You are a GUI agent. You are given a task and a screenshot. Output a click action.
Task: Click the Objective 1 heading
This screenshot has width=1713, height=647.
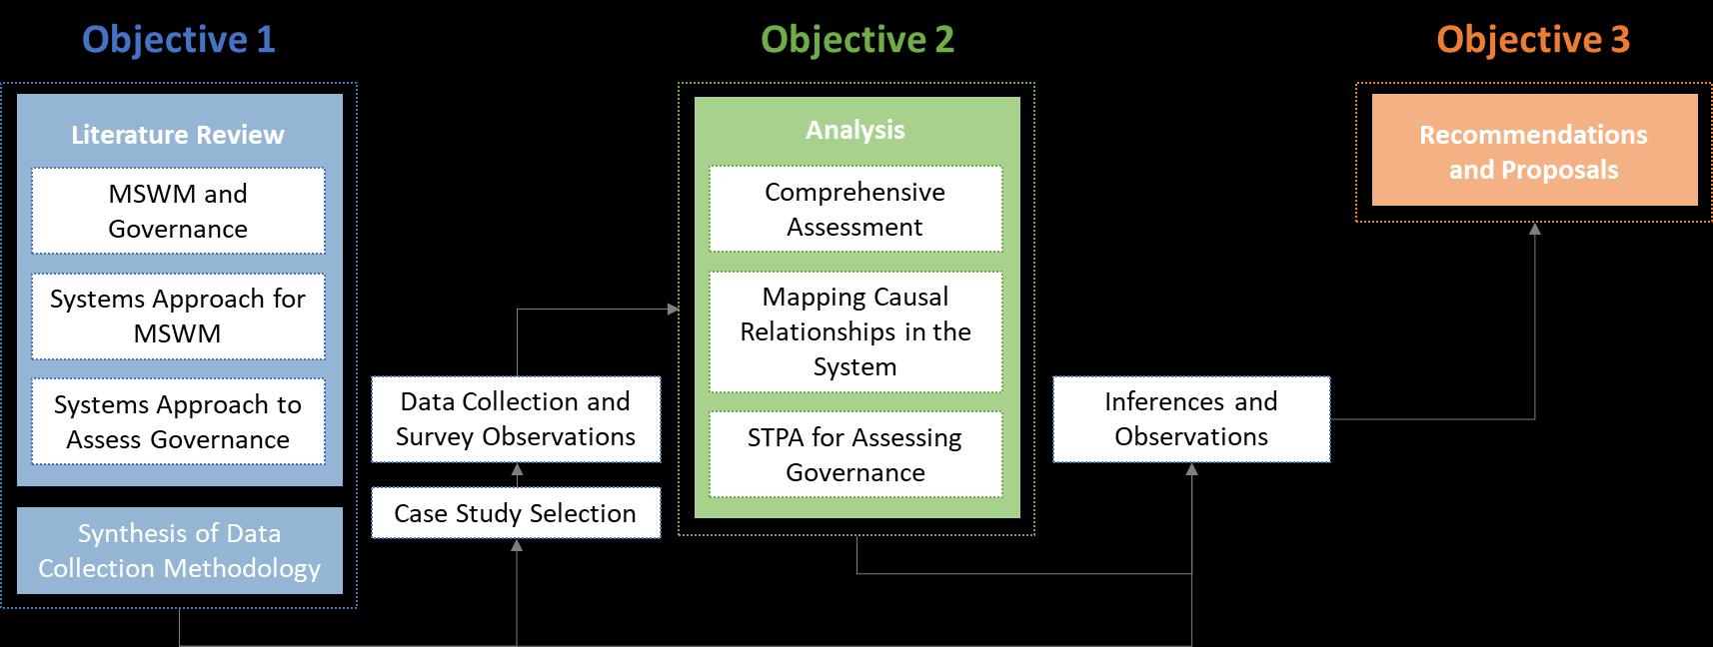coord(178,40)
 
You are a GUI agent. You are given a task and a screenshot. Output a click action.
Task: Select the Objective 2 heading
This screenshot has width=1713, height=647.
coord(857,40)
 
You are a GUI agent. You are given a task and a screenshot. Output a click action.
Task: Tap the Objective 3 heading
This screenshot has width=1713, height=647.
coord(1533,40)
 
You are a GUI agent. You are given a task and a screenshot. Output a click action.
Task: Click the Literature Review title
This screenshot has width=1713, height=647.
coord(178,135)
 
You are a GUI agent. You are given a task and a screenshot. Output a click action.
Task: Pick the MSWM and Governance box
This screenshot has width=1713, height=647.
coord(178,211)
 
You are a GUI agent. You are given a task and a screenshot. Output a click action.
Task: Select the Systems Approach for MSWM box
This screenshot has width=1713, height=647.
coord(178,316)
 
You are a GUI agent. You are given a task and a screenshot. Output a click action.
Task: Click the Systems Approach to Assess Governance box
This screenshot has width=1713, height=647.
coord(178,421)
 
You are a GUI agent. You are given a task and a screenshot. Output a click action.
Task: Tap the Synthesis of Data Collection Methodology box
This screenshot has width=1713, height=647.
coord(180,550)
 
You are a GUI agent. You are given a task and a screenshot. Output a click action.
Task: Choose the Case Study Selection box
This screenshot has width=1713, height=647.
coord(516,513)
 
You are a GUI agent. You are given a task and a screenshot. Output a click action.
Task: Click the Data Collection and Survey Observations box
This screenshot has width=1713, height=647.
coord(516,419)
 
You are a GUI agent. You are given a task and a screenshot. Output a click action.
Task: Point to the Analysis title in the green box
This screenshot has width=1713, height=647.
coord(856,130)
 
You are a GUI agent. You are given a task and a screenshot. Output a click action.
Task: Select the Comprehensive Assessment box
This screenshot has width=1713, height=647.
coord(856,209)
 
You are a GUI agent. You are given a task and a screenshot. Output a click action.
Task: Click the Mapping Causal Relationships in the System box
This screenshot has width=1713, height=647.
coord(856,331)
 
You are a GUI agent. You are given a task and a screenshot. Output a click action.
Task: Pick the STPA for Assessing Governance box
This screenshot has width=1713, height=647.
coord(856,454)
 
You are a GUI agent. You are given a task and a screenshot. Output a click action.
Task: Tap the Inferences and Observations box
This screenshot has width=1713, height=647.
coord(1191,419)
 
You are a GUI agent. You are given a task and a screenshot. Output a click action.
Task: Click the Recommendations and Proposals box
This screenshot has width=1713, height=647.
coord(1534,151)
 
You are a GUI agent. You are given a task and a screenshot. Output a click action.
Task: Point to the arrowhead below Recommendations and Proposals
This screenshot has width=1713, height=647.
coord(1535,229)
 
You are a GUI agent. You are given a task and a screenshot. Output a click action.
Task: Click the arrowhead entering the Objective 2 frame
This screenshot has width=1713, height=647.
coord(673,310)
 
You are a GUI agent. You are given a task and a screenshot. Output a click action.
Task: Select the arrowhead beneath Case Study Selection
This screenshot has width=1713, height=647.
coord(517,545)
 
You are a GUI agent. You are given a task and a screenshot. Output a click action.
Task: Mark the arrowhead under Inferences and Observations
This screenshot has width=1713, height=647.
coord(1191,469)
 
